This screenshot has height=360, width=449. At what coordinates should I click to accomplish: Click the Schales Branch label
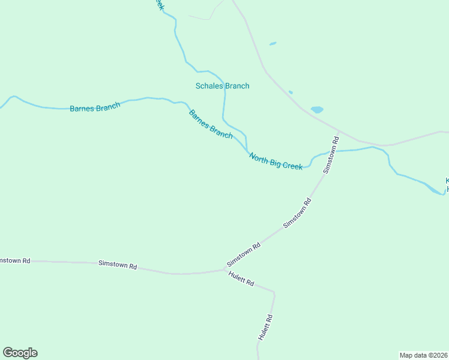pyautogui.click(x=222, y=86)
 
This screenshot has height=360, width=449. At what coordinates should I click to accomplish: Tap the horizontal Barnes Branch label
pyautogui.click(x=95, y=107)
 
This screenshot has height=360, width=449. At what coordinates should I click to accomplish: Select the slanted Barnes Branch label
pyautogui.click(x=211, y=124)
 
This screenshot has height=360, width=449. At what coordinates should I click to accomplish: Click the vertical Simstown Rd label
pyautogui.click(x=331, y=155)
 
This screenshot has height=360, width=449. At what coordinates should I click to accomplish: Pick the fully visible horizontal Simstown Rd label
pyautogui.click(x=118, y=265)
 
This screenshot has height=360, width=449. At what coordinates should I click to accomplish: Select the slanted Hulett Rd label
pyautogui.click(x=241, y=279)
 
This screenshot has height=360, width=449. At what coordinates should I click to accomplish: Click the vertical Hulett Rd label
pyautogui.click(x=265, y=328)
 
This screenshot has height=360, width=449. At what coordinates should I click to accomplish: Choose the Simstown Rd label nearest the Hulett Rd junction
pyautogui.click(x=244, y=255)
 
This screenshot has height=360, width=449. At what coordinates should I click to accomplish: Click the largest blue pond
pyautogui.click(x=317, y=110)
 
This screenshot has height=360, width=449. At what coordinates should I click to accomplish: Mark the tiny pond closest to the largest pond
pyautogui.click(x=291, y=92)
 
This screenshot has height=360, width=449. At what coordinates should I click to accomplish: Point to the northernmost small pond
pyautogui.click(x=273, y=43)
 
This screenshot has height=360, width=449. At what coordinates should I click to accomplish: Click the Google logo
pyautogui.click(x=20, y=353)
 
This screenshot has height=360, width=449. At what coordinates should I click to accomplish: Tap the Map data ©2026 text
pyautogui.click(x=423, y=355)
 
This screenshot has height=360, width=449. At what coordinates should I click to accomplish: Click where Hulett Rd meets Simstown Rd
pyautogui.click(x=224, y=269)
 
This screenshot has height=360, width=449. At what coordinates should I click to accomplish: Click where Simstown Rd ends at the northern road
pyautogui.click(x=340, y=131)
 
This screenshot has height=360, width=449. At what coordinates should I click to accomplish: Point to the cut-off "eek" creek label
pyautogui.click(x=159, y=4)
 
